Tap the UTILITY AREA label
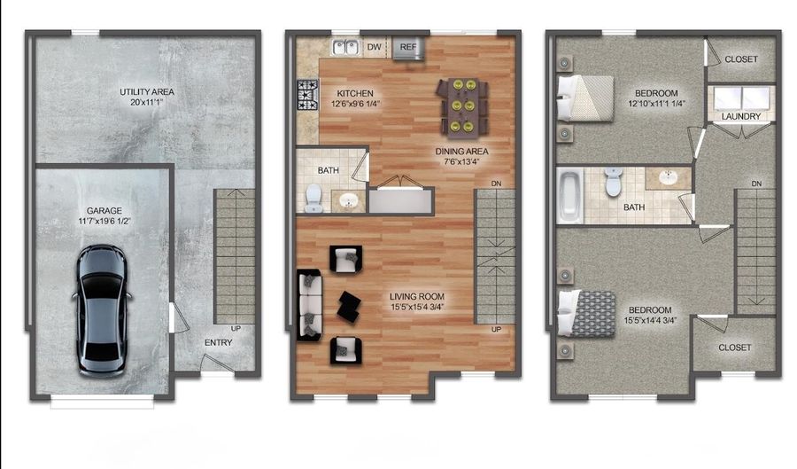tap(147, 91)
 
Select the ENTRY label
tap(219, 343)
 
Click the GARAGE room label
tap(104, 211)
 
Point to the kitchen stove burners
tap(307, 94)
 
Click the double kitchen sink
tap(344, 46)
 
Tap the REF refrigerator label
tap(408, 46)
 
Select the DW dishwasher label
tap(375, 46)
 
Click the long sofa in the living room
tap(309, 304)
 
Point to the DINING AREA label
tap(461, 151)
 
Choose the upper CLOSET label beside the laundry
tap(741, 59)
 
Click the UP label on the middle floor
tap(497, 330)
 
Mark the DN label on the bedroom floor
tap(756, 184)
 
